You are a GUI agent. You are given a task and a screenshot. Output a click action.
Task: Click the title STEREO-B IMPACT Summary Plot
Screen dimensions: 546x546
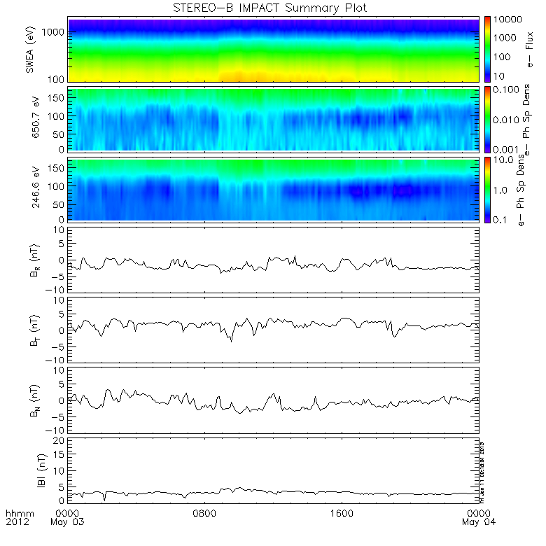(x=269, y=8)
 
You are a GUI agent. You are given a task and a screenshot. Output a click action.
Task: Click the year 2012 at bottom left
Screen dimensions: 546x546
(x=17, y=522)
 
